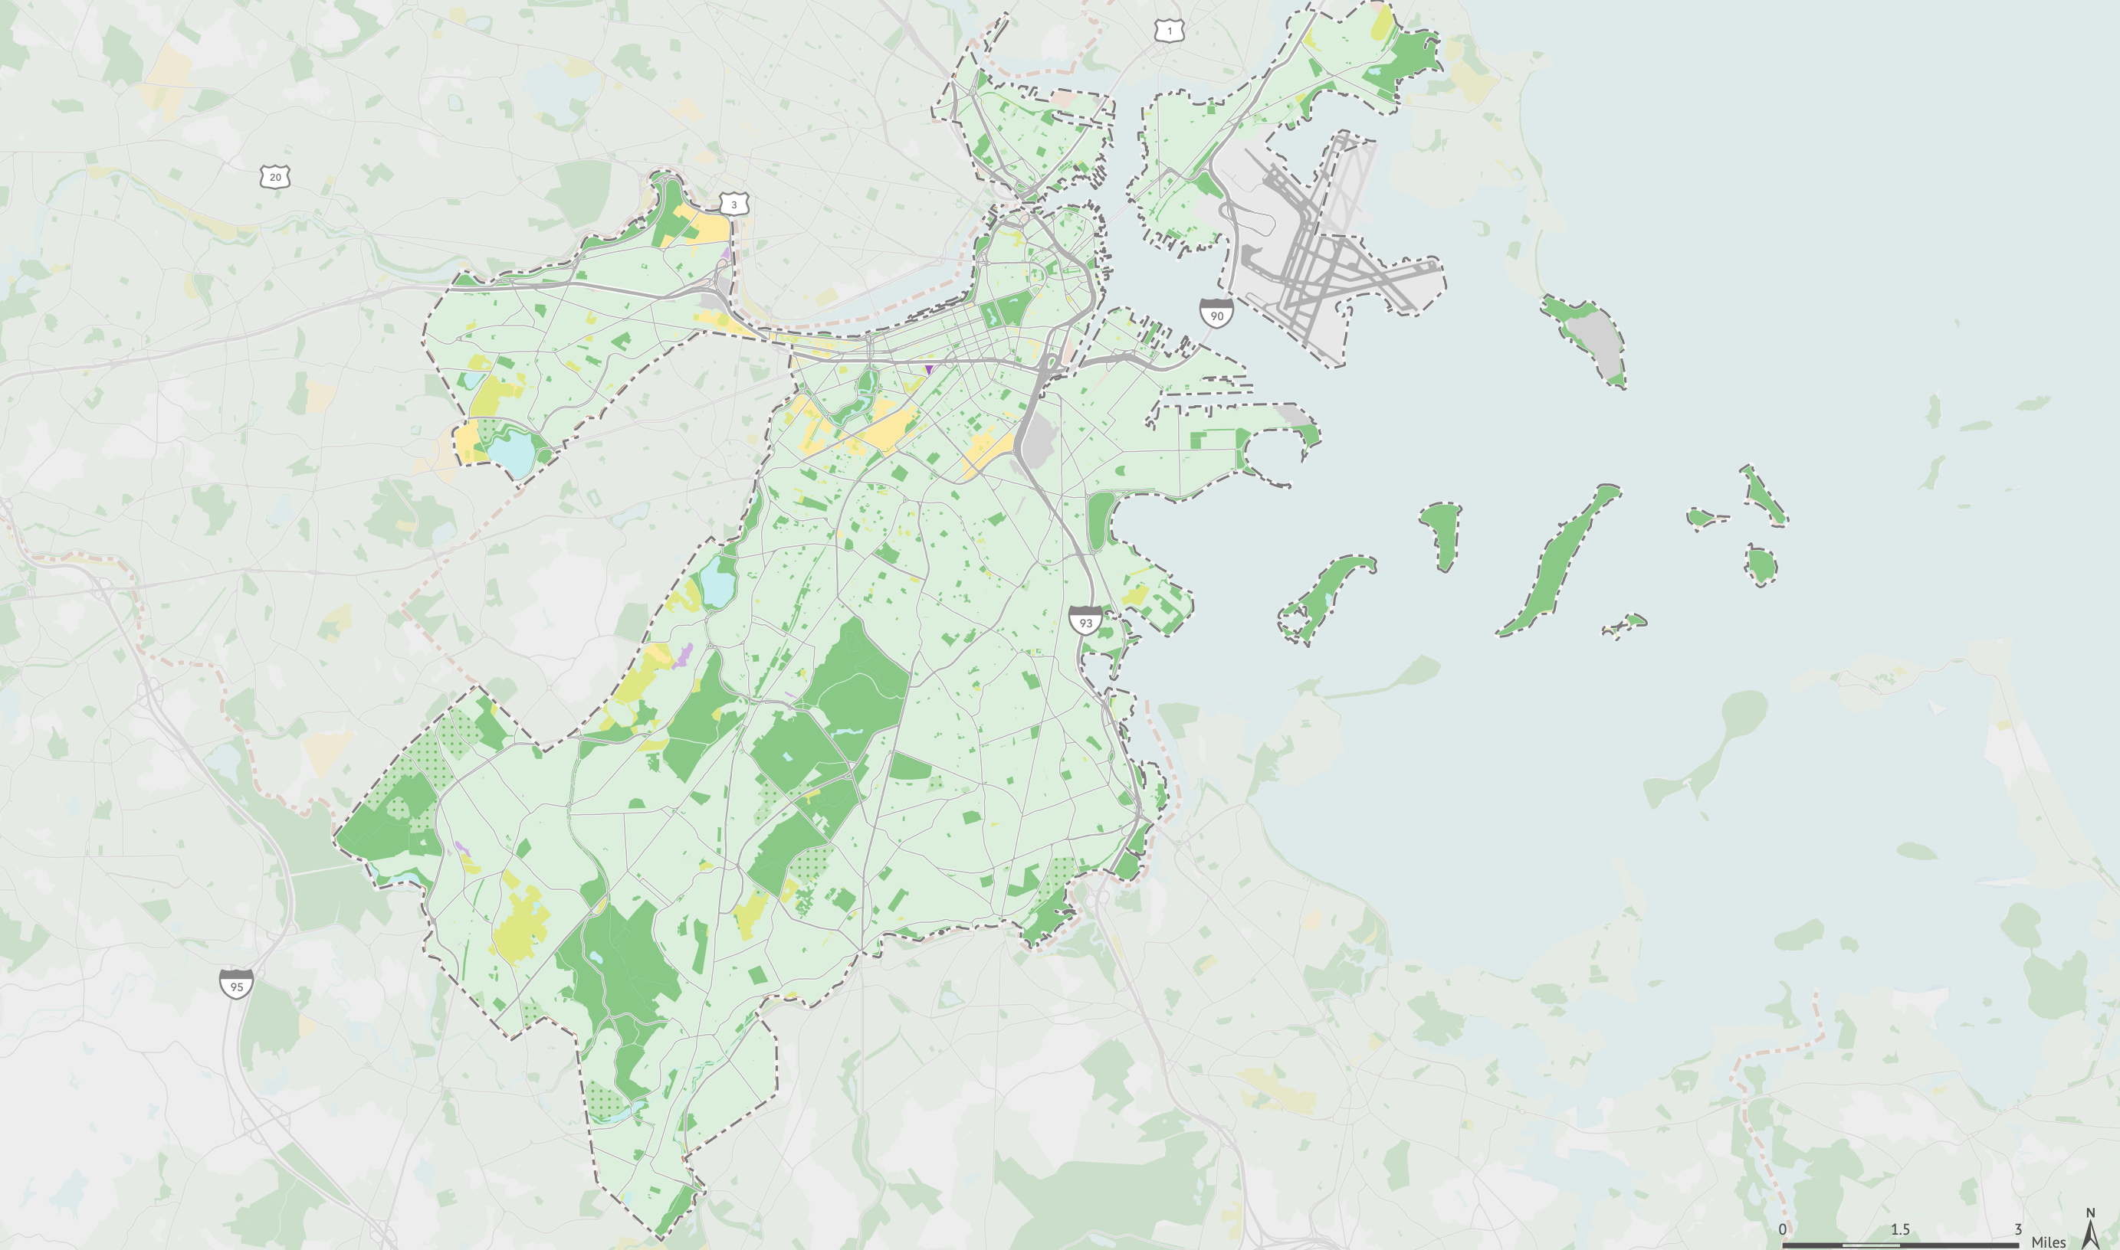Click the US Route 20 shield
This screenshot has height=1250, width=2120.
pyautogui.click(x=274, y=177)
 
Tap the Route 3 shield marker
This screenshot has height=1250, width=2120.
pyautogui.click(x=734, y=204)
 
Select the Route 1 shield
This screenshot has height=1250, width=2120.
pyautogui.click(x=1170, y=31)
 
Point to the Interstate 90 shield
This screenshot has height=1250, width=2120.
pyautogui.click(x=1216, y=313)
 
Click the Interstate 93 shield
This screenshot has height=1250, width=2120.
pyautogui.click(x=1085, y=621)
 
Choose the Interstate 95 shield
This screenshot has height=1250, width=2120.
pyautogui.click(x=237, y=985)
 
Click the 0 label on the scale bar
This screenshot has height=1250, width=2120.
pyautogui.click(x=1782, y=1229)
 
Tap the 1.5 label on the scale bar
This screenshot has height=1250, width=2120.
pyautogui.click(x=1900, y=1229)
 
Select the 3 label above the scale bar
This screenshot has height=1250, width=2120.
pyautogui.click(x=2017, y=1229)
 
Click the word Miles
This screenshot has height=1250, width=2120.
pyautogui.click(x=2049, y=1242)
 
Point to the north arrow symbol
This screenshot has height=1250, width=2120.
pyautogui.click(x=2091, y=1229)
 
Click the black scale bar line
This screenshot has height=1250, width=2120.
pyautogui.click(x=1900, y=1245)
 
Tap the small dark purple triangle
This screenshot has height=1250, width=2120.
pyautogui.click(x=928, y=369)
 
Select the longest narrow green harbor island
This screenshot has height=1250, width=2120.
pyautogui.click(x=1559, y=560)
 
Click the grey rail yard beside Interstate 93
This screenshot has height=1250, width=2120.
pyautogui.click(x=1040, y=438)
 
